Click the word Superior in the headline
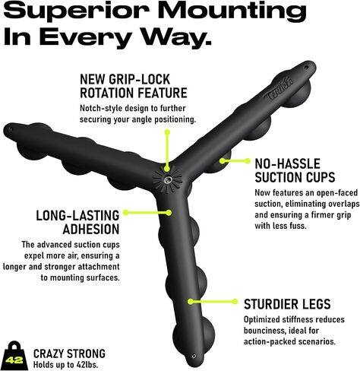click(x=79, y=11)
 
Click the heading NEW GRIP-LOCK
click(x=125, y=79)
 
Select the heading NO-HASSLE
click(x=287, y=163)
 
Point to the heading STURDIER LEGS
click(x=287, y=304)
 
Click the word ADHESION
click(x=91, y=229)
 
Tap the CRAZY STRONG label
click(x=69, y=354)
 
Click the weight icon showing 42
click(x=14, y=356)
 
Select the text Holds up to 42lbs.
click(x=65, y=365)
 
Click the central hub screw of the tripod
click(x=168, y=180)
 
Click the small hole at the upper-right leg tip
click(x=306, y=68)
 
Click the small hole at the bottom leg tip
click(x=194, y=356)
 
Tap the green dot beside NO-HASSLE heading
click(x=247, y=160)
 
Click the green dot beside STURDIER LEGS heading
click(x=235, y=301)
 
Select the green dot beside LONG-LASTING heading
click(x=125, y=212)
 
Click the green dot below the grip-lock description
click(x=167, y=132)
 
